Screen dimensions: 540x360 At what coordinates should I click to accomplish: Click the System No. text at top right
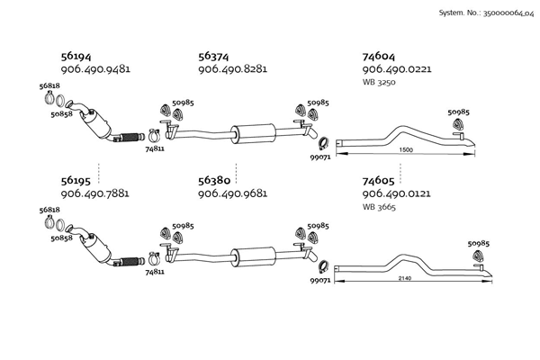[x=486, y=13]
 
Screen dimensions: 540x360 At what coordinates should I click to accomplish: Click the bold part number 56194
[x=76, y=56]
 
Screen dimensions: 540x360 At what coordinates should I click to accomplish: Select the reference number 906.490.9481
[x=95, y=69]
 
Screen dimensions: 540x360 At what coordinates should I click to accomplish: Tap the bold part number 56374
[x=213, y=56]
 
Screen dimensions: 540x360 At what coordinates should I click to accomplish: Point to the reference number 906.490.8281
[x=232, y=69]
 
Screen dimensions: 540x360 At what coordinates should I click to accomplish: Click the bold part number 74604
[x=379, y=56]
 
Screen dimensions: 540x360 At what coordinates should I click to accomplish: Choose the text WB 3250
[x=379, y=82]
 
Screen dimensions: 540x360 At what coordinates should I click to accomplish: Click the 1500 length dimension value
[x=406, y=150]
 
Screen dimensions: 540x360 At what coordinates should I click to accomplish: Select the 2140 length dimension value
[x=405, y=278]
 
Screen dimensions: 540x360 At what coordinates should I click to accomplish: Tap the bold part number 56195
[x=76, y=181]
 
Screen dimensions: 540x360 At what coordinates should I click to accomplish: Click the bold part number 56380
[x=214, y=181]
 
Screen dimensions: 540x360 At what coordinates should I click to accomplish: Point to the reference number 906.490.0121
[x=396, y=193]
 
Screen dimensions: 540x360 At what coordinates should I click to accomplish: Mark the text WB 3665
[x=379, y=207]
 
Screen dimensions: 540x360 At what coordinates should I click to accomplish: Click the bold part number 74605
[x=378, y=181]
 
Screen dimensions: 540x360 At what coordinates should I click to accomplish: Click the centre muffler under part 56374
[x=253, y=133]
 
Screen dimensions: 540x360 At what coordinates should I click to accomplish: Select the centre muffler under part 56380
[x=253, y=257]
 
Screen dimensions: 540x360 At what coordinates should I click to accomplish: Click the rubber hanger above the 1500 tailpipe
[x=458, y=124]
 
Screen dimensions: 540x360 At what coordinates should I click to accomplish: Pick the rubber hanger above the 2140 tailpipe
[x=477, y=256]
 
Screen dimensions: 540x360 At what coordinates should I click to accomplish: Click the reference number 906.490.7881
[x=95, y=193]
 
